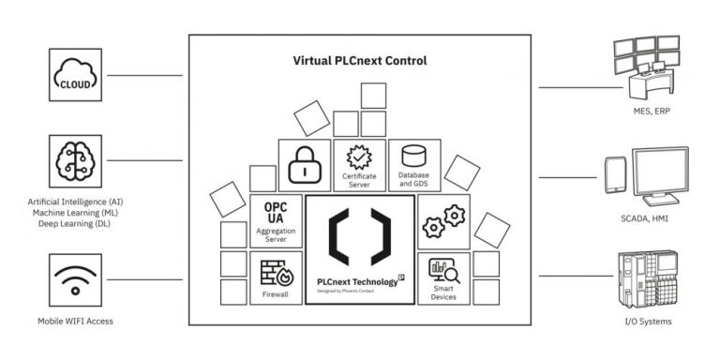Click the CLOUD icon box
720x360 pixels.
pyautogui.click(x=75, y=75)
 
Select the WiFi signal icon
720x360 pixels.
pyautogui.click(x=75, y=278)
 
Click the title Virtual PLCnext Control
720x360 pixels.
pyautogui.click(x=361, y=61)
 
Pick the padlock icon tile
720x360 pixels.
pyautogui.click(x=305, y=166)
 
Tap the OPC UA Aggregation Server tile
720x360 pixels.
pyautogui.click(x=277, y=221)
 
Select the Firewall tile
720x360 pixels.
pyautogui.click(x=277, y=278)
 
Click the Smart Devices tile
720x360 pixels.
pyautogui.click(x=442, y=278)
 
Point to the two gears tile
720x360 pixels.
pyautogui.click(x=442, y=221)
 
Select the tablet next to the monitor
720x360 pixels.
pyautogui.click(x=615, y=175)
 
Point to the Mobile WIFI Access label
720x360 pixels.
pyautogui.click(x=74, y=322)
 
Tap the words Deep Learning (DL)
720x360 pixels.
pyautogui.click(x=75, y=226)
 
